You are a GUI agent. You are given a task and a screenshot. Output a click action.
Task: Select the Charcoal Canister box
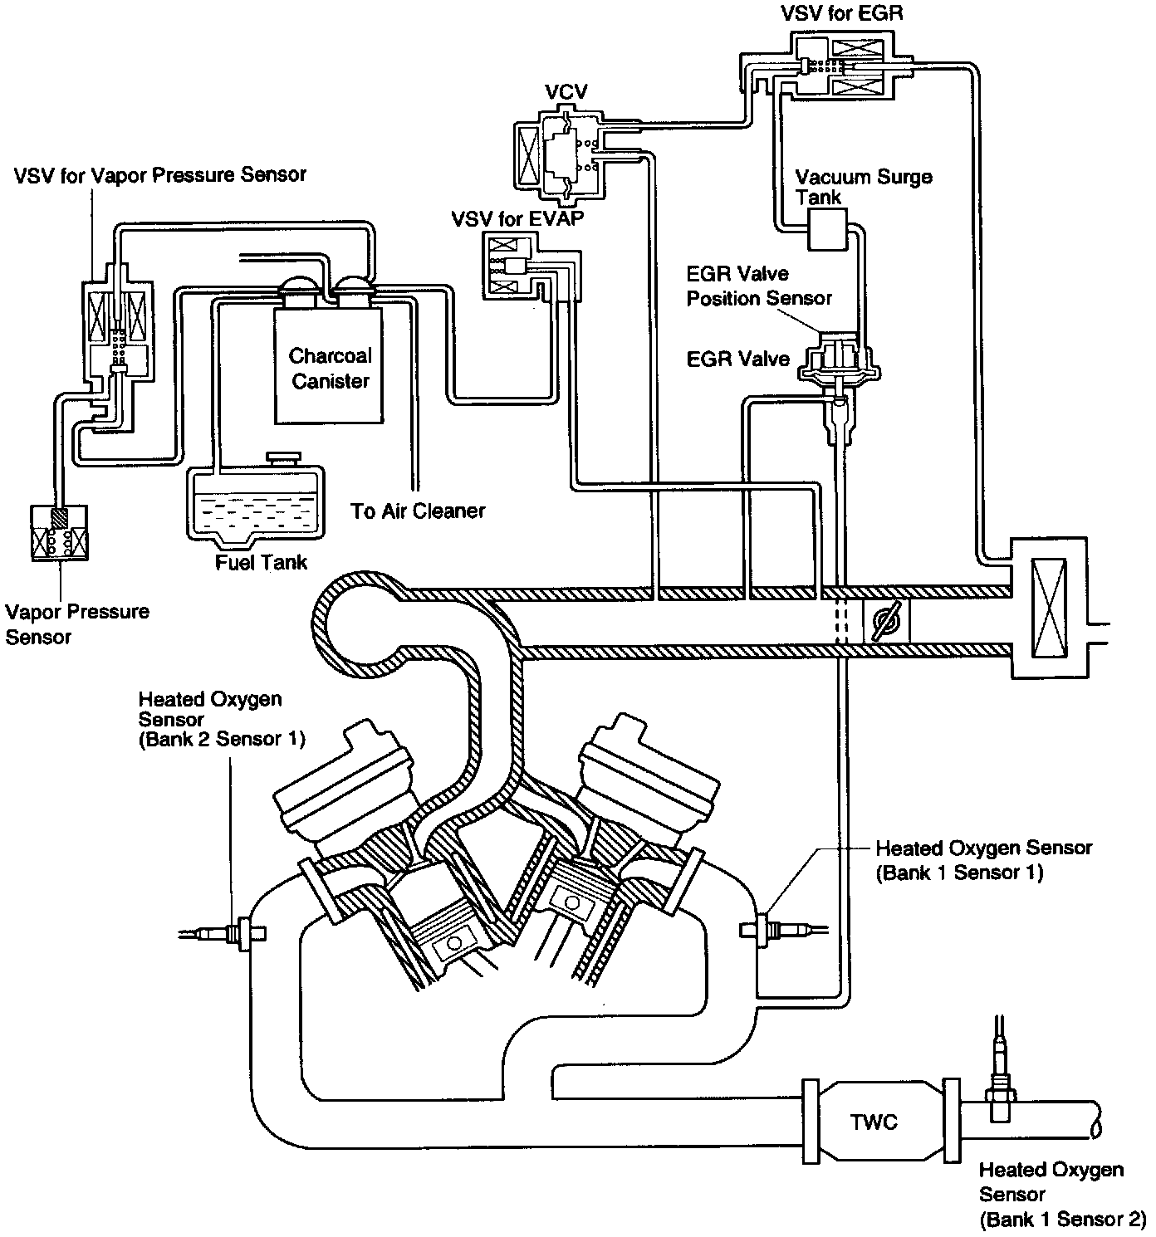pyautogui.click(x=329, y=365)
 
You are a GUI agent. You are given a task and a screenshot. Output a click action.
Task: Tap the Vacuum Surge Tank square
pyautogui.click(x=826, y=229)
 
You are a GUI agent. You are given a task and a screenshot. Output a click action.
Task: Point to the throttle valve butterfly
pyautogui.click(x=885, y=621)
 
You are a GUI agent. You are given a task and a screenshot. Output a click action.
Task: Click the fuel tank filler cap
pyautogui.click(x=284, y=457)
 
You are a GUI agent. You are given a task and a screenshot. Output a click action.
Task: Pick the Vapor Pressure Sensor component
pyautogui.click(x=59, y=532)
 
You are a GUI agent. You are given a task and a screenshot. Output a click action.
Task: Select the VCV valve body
pyautogui.click(x=558, y=153)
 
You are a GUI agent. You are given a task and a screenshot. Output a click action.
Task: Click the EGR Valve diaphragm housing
pyautogui.click(x=839, y=360)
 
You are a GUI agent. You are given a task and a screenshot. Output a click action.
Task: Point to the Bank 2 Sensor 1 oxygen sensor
pyautogui.click(x=221, y=933)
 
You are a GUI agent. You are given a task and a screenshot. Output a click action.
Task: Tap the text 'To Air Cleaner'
pyautogui.click(x=418, y=511)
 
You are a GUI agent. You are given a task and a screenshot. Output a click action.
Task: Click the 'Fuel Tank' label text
pyautogui.click(x=261, y=562)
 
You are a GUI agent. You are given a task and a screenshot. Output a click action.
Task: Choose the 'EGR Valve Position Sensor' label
pyautogui.click(x=759, y=286)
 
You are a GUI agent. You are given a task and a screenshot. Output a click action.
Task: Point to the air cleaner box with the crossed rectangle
pyautogui.click(x=1049, y=608)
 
